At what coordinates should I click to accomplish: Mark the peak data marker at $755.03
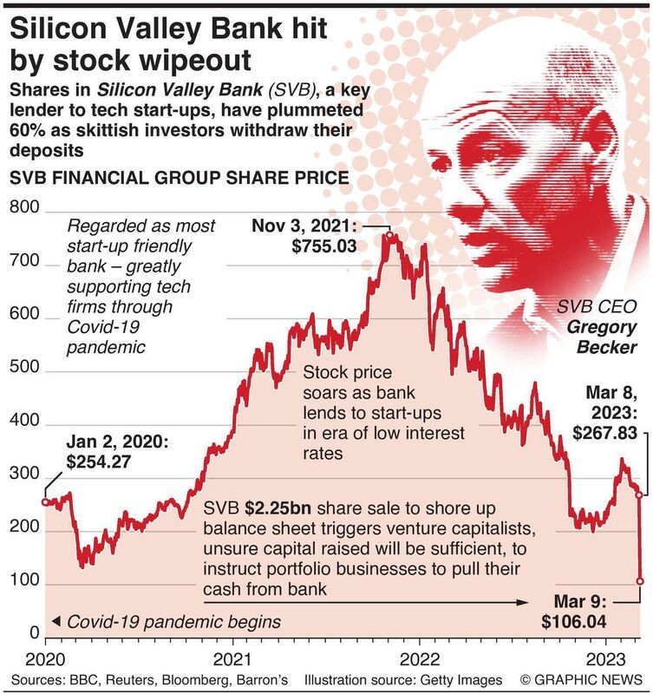click(390, 235)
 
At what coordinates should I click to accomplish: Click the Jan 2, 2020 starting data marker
click(45, 501)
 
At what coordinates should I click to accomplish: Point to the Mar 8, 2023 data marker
click(639, 495)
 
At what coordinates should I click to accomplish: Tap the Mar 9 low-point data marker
click(641, 580)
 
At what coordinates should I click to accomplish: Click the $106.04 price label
click(576, 621)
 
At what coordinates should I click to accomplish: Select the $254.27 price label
click(98, 462)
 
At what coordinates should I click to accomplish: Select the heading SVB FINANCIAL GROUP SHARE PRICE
click(178, 178)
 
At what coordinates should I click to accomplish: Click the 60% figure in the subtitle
click(32, 131)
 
